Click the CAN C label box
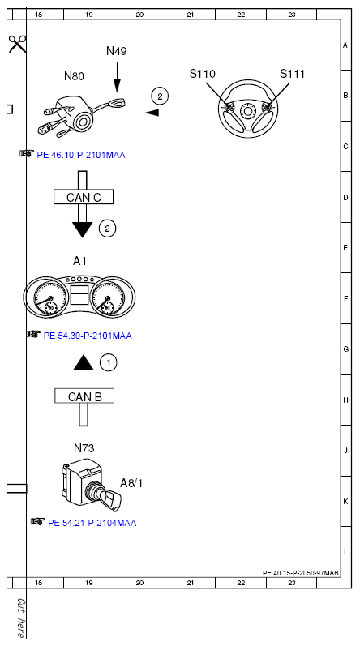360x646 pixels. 84,197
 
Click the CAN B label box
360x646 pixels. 84,396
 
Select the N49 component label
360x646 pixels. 117,51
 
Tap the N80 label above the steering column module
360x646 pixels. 74,76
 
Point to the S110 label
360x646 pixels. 202,74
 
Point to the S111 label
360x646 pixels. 292,74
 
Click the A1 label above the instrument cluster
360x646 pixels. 80,261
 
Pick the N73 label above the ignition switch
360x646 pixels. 84,448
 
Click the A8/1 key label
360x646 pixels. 131,483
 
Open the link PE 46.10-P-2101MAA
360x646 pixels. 81,156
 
